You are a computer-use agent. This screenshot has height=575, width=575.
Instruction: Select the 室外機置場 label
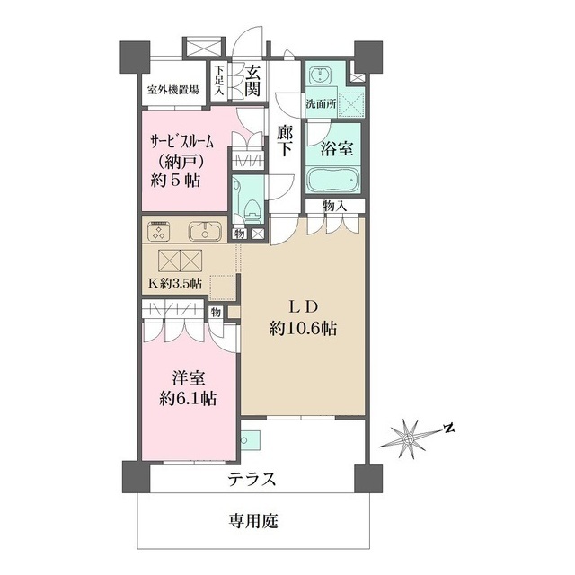click(x=172, y=91)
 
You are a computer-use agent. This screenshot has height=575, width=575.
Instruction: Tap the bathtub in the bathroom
click(x=333, y=180)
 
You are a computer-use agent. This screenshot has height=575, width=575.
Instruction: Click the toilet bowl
click(x=251, y=209)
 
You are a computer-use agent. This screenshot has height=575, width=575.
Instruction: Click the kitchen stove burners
click(x=158, y=232)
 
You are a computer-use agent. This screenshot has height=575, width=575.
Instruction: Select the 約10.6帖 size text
click(x=302, y=330)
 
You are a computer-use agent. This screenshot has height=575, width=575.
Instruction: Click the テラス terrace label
click(x=252, y=479)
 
